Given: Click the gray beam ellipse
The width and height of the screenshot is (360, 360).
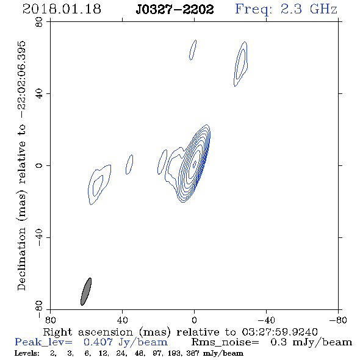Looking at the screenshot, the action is click(86, 292).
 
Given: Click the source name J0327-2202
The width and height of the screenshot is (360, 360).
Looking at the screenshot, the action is click(175, 9).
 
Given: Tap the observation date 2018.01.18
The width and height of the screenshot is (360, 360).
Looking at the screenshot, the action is click(62, 9).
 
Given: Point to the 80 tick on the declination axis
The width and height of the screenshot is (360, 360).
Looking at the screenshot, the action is click(39, 22).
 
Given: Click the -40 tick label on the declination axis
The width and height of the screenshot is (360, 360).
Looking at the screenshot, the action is click(39, 237).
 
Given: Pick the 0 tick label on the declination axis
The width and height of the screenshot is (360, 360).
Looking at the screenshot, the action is click(39, 165).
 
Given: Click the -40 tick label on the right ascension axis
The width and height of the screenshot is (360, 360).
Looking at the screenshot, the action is click(266, 320).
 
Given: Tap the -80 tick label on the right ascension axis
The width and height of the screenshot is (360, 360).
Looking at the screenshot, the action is click(338, 320).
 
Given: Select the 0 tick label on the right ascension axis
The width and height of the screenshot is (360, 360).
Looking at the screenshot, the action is click(194, 320).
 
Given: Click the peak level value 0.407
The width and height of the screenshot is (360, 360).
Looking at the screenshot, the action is click(98, 342).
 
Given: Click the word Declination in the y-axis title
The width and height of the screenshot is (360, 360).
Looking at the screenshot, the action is click(21, 259).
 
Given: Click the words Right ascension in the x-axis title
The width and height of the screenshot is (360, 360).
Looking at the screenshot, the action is click(88, 332).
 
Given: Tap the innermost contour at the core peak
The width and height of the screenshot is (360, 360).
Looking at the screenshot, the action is click(195, 164).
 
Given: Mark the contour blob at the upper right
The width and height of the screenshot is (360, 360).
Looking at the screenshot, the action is click(240, 64).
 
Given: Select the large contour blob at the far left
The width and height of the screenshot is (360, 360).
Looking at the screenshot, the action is click(99, 185).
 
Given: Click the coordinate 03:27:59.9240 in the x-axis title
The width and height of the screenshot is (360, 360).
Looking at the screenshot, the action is click(279, 332).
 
